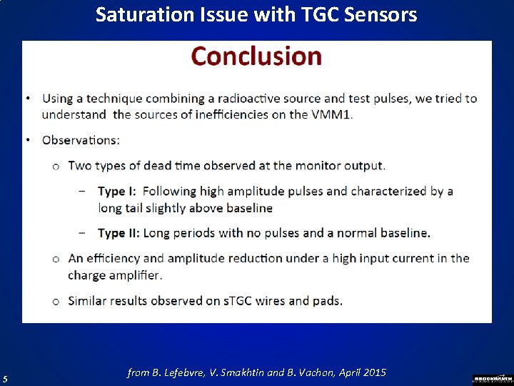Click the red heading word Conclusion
point(256,56)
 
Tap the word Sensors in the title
point(383,14)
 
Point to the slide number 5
point(5,379)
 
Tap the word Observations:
point(81,140)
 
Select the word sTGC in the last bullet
point(241,301)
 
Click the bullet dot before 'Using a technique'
point(28,99)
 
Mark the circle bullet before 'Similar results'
point(56,301)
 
